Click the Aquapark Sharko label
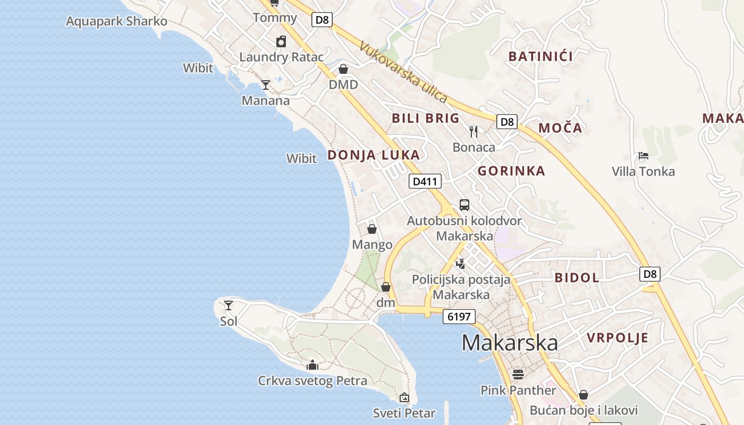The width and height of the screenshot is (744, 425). [x=116, y=21]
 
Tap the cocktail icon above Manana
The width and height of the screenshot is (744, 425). [x=266, y=84]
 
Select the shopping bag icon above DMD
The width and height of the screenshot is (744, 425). [x=343, y=69]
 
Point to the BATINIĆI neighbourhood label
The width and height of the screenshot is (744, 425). [x=540, y=56]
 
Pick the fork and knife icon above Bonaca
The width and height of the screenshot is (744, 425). [x=474, y=131]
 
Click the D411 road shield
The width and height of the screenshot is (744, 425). [x=425, y=182]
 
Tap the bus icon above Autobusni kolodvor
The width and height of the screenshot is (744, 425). [x=464, y=205]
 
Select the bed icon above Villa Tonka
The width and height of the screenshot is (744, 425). [x=643, y=156]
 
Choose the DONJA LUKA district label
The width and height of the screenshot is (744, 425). [x=374, y=155]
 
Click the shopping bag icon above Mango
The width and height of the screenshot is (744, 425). [x=372, y=229]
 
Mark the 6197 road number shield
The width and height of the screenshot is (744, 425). [x=459, y=317]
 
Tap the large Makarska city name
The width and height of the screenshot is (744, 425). [x=510, y=343]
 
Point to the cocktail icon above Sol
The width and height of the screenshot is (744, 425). [x=229, y=305]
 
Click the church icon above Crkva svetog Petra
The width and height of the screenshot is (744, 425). [x=312, y=365]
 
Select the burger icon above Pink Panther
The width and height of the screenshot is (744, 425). [x=518, y=375]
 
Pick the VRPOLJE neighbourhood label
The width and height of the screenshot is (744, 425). [x=618, y=338]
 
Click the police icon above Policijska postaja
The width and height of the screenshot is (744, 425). [x=461, y=263]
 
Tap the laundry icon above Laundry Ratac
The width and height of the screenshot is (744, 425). [x=281, y=41]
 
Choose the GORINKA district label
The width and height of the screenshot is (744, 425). [x=511, y=171]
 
